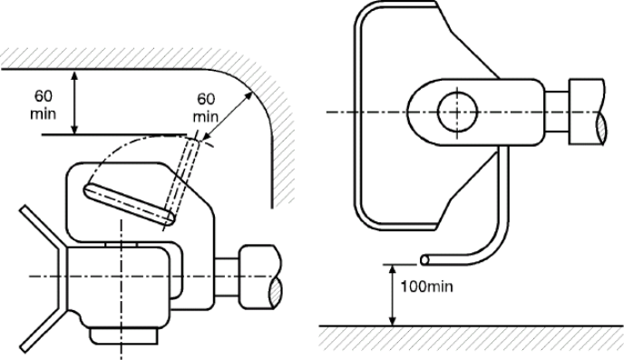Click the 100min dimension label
[426, 287]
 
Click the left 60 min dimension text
[43, 105]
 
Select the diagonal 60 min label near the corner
[206, 107]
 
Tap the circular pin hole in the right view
[457, 112]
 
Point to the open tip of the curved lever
[425, 260]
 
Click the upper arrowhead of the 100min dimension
[393, 269]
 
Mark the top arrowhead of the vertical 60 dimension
[74, 74]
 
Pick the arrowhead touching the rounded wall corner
[249, 95]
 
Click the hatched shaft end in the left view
[275, 293]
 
